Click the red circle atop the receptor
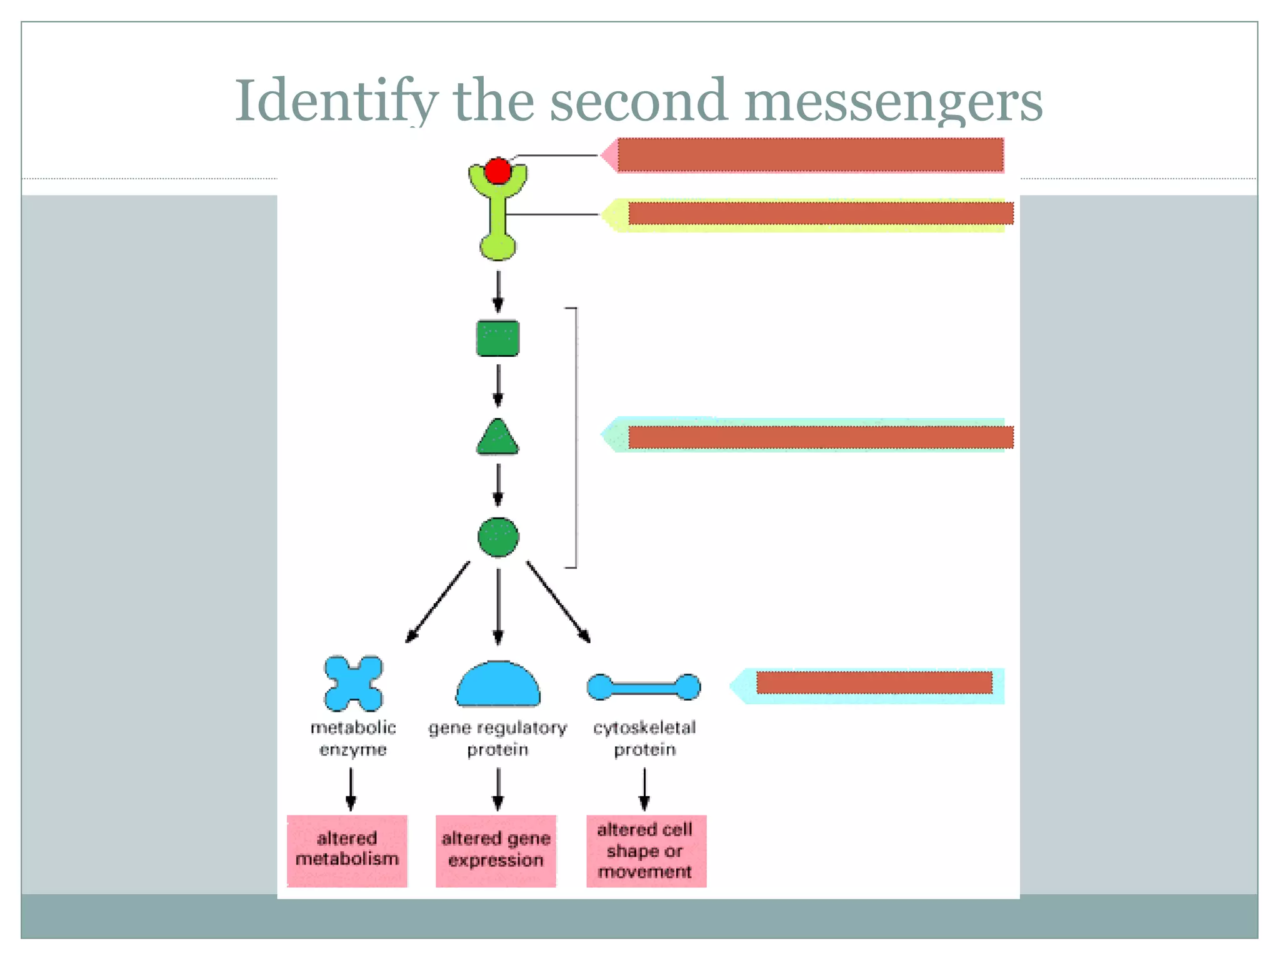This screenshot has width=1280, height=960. (497, 171)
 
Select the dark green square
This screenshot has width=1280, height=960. (497, 338)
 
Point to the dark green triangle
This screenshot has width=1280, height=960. (497, 439)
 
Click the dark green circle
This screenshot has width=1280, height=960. (497, 537)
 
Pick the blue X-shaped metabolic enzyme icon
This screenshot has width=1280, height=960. (353, 683)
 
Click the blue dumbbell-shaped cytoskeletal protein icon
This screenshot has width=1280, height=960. (644, 687)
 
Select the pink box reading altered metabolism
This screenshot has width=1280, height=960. (347, 850)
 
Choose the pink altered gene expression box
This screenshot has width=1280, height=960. (496, 850)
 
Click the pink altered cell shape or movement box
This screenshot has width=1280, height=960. (646, 850)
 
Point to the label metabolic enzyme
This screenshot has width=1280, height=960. (353, 738)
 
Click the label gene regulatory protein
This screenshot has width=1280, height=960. (497, 738)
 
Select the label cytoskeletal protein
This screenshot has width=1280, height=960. (644, 738)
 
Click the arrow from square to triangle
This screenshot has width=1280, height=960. (497, 386)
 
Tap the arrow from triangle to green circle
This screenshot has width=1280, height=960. (497, 485)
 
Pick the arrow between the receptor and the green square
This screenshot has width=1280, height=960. (497, 291)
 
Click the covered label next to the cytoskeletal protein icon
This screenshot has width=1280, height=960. (874, 682)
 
